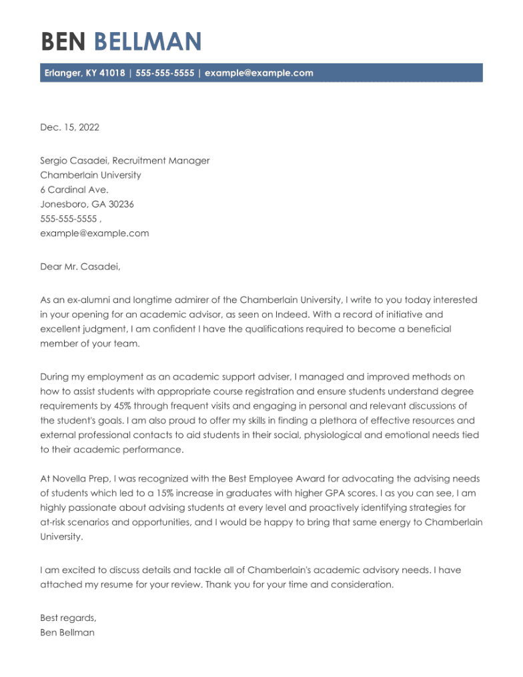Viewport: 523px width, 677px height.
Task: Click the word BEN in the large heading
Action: pyautogui.click(x=63, y=42)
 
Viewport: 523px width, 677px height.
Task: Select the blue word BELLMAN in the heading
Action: pyautogui.click(x=147, y=42)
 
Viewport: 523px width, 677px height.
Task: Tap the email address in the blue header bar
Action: pyautogui.click(x=259, y=73)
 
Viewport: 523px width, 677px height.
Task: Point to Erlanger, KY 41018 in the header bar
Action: pyautogui.click(x=85, y=73)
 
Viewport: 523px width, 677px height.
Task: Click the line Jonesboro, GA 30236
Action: pyautogui.click(x=87, y=204)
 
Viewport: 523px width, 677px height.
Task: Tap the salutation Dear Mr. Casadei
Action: pyautogui.click(x=81, y=267)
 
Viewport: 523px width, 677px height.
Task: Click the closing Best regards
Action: pyautogui.click(x=68, y=618)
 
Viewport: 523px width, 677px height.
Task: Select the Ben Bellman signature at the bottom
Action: pyautogui.click(x=67, y=632)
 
